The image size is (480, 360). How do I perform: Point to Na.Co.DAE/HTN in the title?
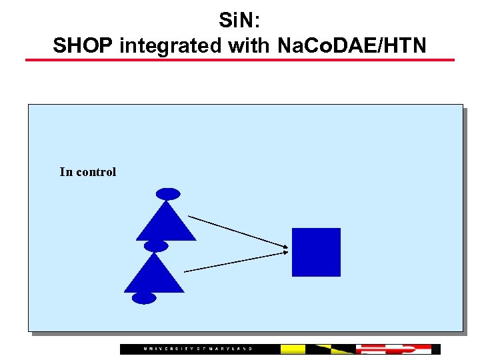(x=350, y=46)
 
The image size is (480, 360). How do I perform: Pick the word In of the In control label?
(x=66, y=172)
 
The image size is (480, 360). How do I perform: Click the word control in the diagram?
(x=96, y=172)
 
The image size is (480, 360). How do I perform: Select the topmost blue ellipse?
(x=168, y=194)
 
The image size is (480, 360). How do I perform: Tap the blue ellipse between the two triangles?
(x=156, y=246)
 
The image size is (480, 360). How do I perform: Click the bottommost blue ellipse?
(x=144, y=298)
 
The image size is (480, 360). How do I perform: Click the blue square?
(x=316, y=252)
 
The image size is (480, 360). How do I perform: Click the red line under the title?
(x=239, y=60)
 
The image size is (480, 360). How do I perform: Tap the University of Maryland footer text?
(x=198, y=349)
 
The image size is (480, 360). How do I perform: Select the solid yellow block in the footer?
(x=293, y=349)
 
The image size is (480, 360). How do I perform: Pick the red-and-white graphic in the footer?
(x=393, y=349)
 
